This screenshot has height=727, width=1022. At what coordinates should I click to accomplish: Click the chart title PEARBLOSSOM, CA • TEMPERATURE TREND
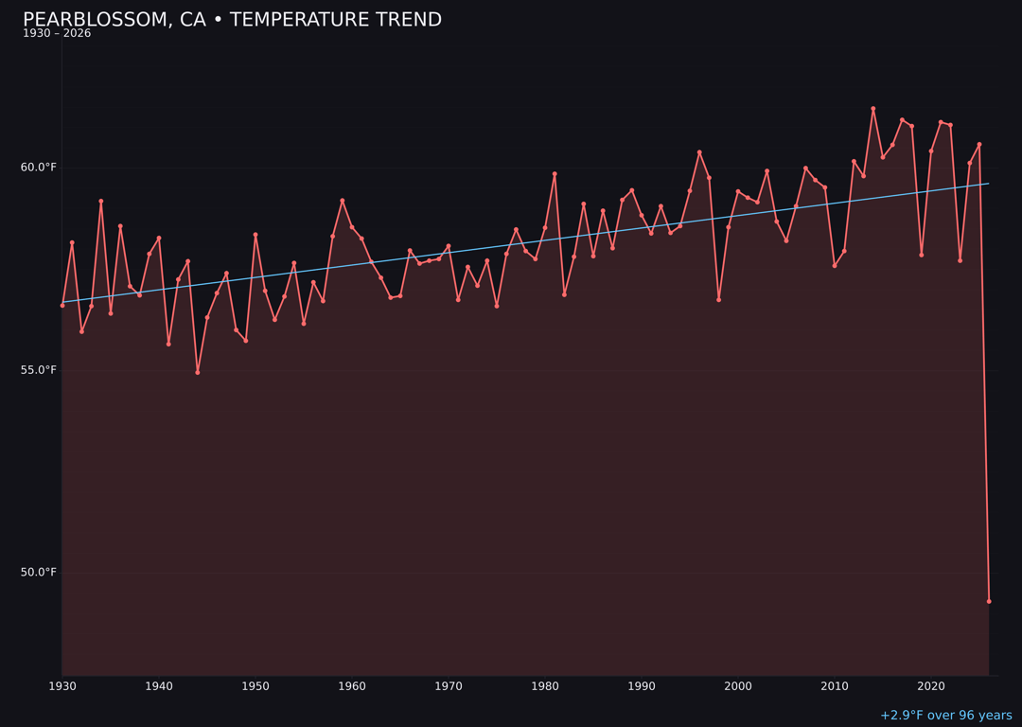point(232,20)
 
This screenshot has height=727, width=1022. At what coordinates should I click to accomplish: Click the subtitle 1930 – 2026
point(57,34)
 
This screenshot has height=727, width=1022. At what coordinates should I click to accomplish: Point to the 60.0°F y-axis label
point(39,168)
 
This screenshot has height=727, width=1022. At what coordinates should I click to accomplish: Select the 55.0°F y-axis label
point(39,370)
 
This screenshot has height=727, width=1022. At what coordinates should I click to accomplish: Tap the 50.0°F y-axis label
point(39,572)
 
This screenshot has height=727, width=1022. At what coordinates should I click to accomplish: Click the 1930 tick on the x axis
point(62,686)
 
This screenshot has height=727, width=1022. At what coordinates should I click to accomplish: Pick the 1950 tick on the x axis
point(255,686)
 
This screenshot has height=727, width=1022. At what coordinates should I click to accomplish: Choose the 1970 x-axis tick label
point(449,686)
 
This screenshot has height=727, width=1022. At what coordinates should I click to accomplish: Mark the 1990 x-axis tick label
point(642,686)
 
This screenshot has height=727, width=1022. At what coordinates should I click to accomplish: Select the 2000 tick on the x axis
point(738,686)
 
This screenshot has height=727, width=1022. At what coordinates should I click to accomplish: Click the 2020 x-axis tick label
point(931,686)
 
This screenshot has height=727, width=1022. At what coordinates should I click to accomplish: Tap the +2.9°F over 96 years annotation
point(945,716)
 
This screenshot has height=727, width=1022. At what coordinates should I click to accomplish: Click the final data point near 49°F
point(989,601)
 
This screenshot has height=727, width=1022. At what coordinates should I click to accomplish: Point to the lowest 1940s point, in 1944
point(198,372)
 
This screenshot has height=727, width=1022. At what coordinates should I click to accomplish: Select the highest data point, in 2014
point(873,109)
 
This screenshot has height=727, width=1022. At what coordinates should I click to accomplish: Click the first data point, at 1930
point(62,305)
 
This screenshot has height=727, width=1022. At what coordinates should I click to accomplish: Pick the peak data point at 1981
point(555,174)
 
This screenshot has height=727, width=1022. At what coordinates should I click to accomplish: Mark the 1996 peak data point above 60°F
point(699,152)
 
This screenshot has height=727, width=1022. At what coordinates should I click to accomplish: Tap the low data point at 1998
point(719,299)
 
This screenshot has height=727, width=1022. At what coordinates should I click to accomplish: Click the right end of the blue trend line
point(989,184)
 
